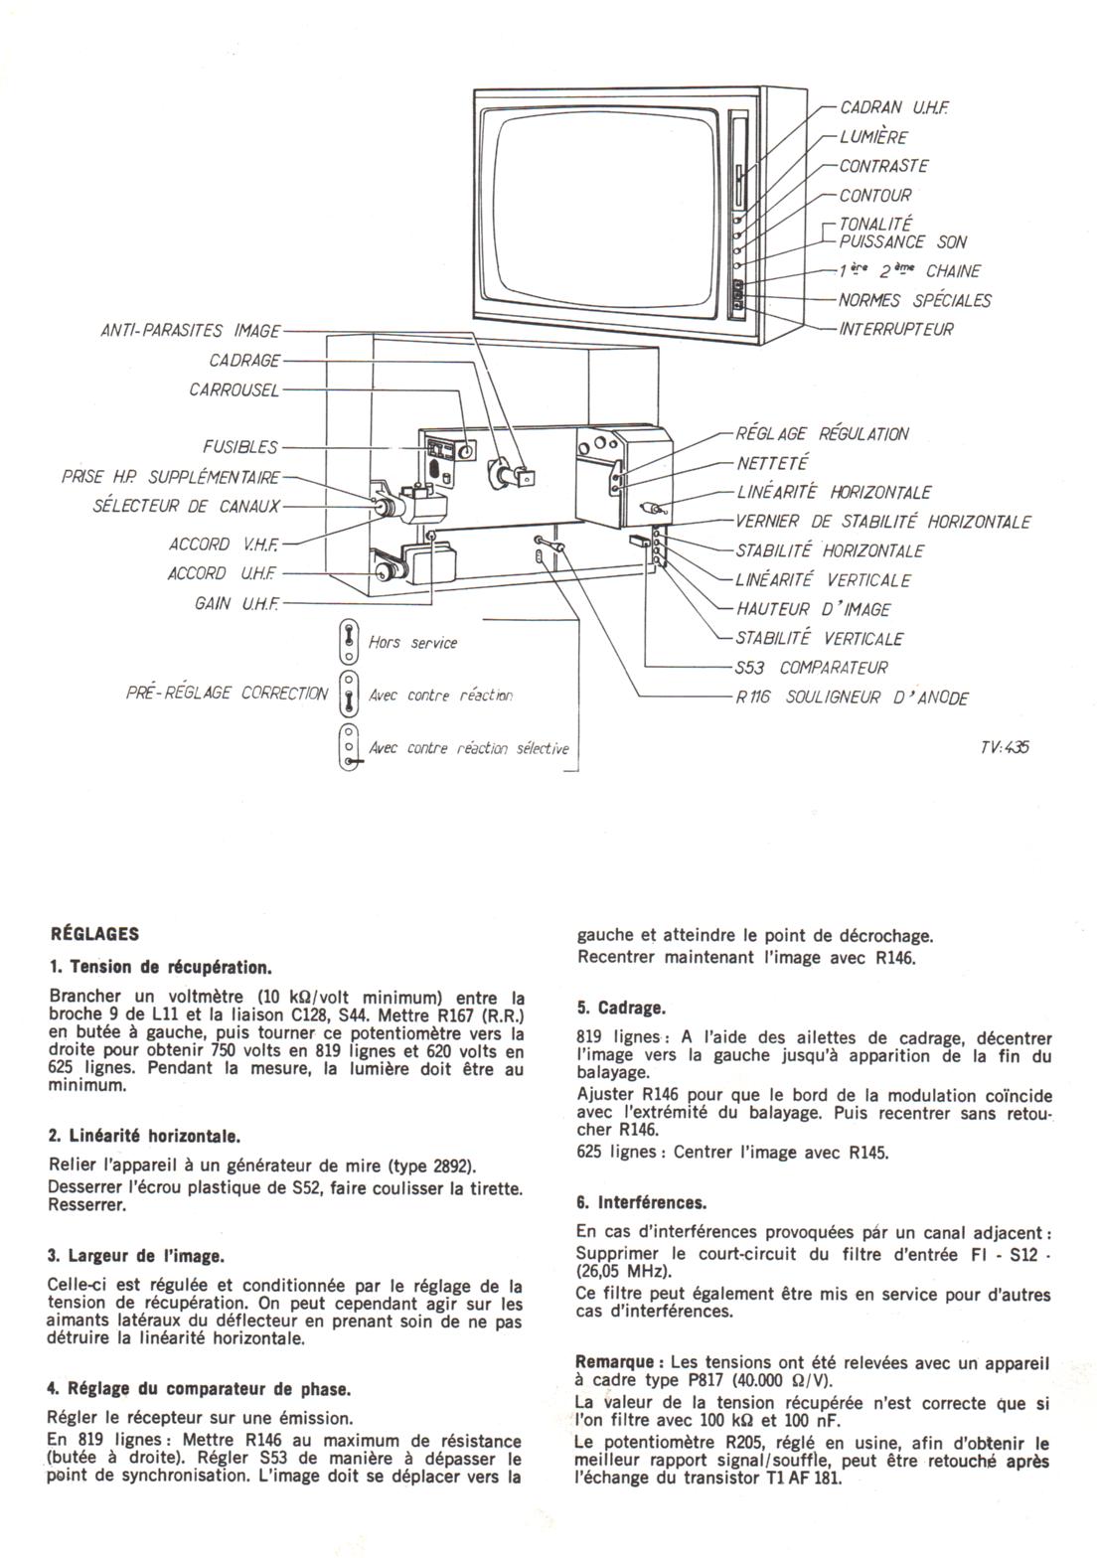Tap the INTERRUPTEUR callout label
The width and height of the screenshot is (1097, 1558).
tap(895, 329)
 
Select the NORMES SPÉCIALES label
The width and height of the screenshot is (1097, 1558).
tap(914, 300)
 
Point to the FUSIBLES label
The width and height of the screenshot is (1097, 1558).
tap(240, 447)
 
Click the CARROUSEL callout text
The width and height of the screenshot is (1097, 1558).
tap(235, 389)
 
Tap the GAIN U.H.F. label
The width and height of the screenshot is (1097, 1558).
tap(236, 603)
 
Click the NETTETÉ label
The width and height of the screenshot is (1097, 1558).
tap(772, 463)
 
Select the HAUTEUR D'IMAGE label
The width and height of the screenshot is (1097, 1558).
tap(812, 609)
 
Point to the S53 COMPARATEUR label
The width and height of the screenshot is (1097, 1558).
tap(811, 668)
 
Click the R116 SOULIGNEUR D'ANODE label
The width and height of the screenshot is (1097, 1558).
tap(852, 698)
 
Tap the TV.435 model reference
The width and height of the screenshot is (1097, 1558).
tap(1004, 747)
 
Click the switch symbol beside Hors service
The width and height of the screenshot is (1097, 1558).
tap(349, 642)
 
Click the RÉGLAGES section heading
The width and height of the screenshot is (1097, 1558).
tap(93, 934)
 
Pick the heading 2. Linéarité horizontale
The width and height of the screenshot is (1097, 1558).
tap(144, 1135)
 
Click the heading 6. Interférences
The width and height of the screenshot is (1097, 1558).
tap(641, 1202)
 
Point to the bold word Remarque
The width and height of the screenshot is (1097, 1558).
tap(614, 1360)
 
